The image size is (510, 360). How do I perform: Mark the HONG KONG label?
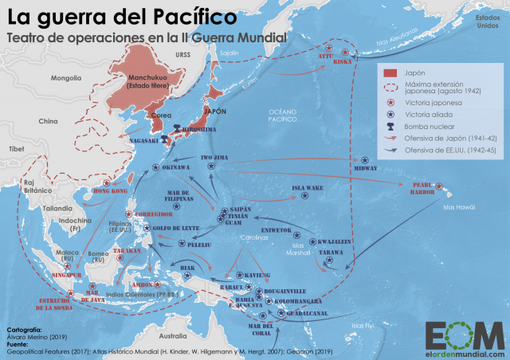pos(112,191)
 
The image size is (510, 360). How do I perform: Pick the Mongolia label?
pos(66,78)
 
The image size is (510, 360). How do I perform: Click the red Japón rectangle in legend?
pos(390,72)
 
